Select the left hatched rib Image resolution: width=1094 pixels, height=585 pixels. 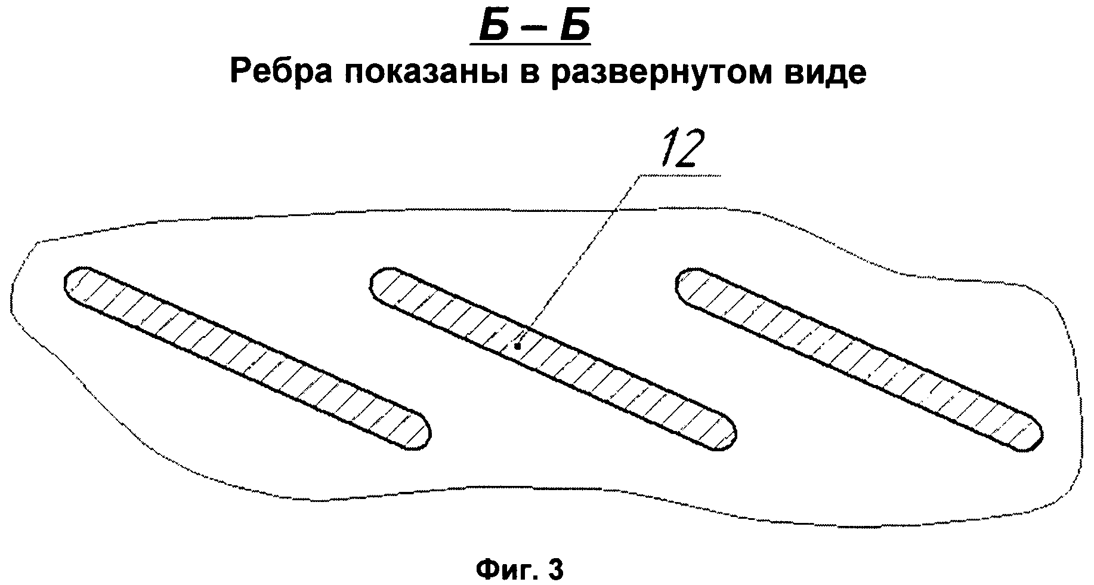click(247, 357)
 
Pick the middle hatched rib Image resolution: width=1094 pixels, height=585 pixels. click(554, 358)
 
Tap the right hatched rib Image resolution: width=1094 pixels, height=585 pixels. click(859, 358)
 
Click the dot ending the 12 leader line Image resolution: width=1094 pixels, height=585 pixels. click(518, 346)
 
